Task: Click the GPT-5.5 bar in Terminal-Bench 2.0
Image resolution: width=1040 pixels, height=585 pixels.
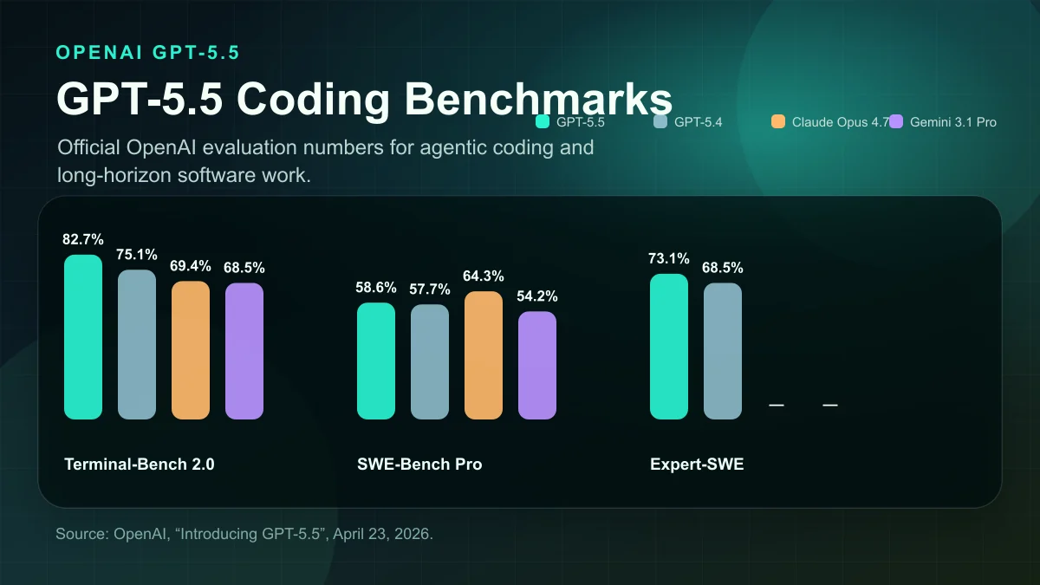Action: coord(83,337)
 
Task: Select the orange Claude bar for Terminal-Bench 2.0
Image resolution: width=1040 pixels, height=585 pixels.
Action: coord(191,350)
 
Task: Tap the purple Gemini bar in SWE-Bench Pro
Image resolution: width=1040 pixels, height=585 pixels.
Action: coord(537,365)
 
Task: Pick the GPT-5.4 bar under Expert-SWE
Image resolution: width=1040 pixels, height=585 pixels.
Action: coord(723,351)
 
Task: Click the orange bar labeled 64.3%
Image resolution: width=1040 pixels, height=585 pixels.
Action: coord(484,355)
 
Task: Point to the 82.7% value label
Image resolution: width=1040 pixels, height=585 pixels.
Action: coord(83,239)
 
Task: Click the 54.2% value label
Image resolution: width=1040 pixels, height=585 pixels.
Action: coord(537,296)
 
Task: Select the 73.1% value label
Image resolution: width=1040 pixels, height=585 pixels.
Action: coord(669,258)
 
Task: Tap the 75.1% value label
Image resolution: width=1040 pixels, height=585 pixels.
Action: coord(137,255)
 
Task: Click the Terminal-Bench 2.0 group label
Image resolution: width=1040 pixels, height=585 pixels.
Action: coord(140,465)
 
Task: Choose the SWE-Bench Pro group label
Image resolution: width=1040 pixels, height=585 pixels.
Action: coord(419,465)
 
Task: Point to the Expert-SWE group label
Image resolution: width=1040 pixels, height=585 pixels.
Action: coord(697,465)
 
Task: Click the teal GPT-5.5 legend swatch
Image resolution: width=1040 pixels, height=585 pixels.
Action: coord(543,121)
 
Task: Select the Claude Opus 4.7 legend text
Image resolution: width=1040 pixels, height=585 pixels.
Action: coord(840,122)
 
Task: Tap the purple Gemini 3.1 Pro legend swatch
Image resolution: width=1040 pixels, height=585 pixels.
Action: coord(896,121)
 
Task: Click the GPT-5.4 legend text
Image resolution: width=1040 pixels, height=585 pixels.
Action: coord(698,122)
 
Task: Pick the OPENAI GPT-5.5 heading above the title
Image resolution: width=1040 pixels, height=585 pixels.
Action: coord(147,52)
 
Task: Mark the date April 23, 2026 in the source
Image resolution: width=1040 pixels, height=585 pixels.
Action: coord(381,533)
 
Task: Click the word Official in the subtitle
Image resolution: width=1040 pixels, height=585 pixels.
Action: coord(88,147)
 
